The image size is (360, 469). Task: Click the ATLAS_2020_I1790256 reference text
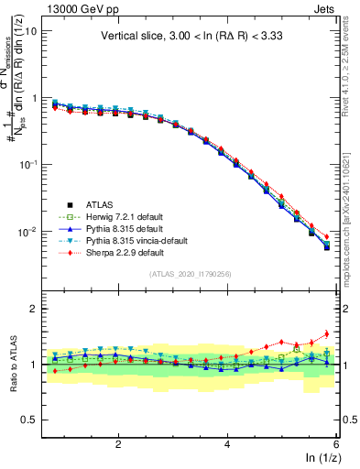(195, 274)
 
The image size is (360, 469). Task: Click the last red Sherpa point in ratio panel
(327, 333)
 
